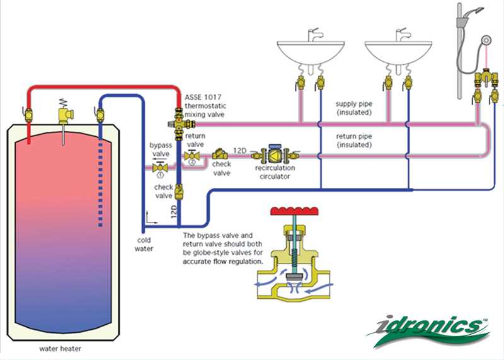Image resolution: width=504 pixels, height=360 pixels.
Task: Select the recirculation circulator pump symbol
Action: point(275,154)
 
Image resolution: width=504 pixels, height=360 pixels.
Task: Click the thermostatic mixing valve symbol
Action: point(179,118)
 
